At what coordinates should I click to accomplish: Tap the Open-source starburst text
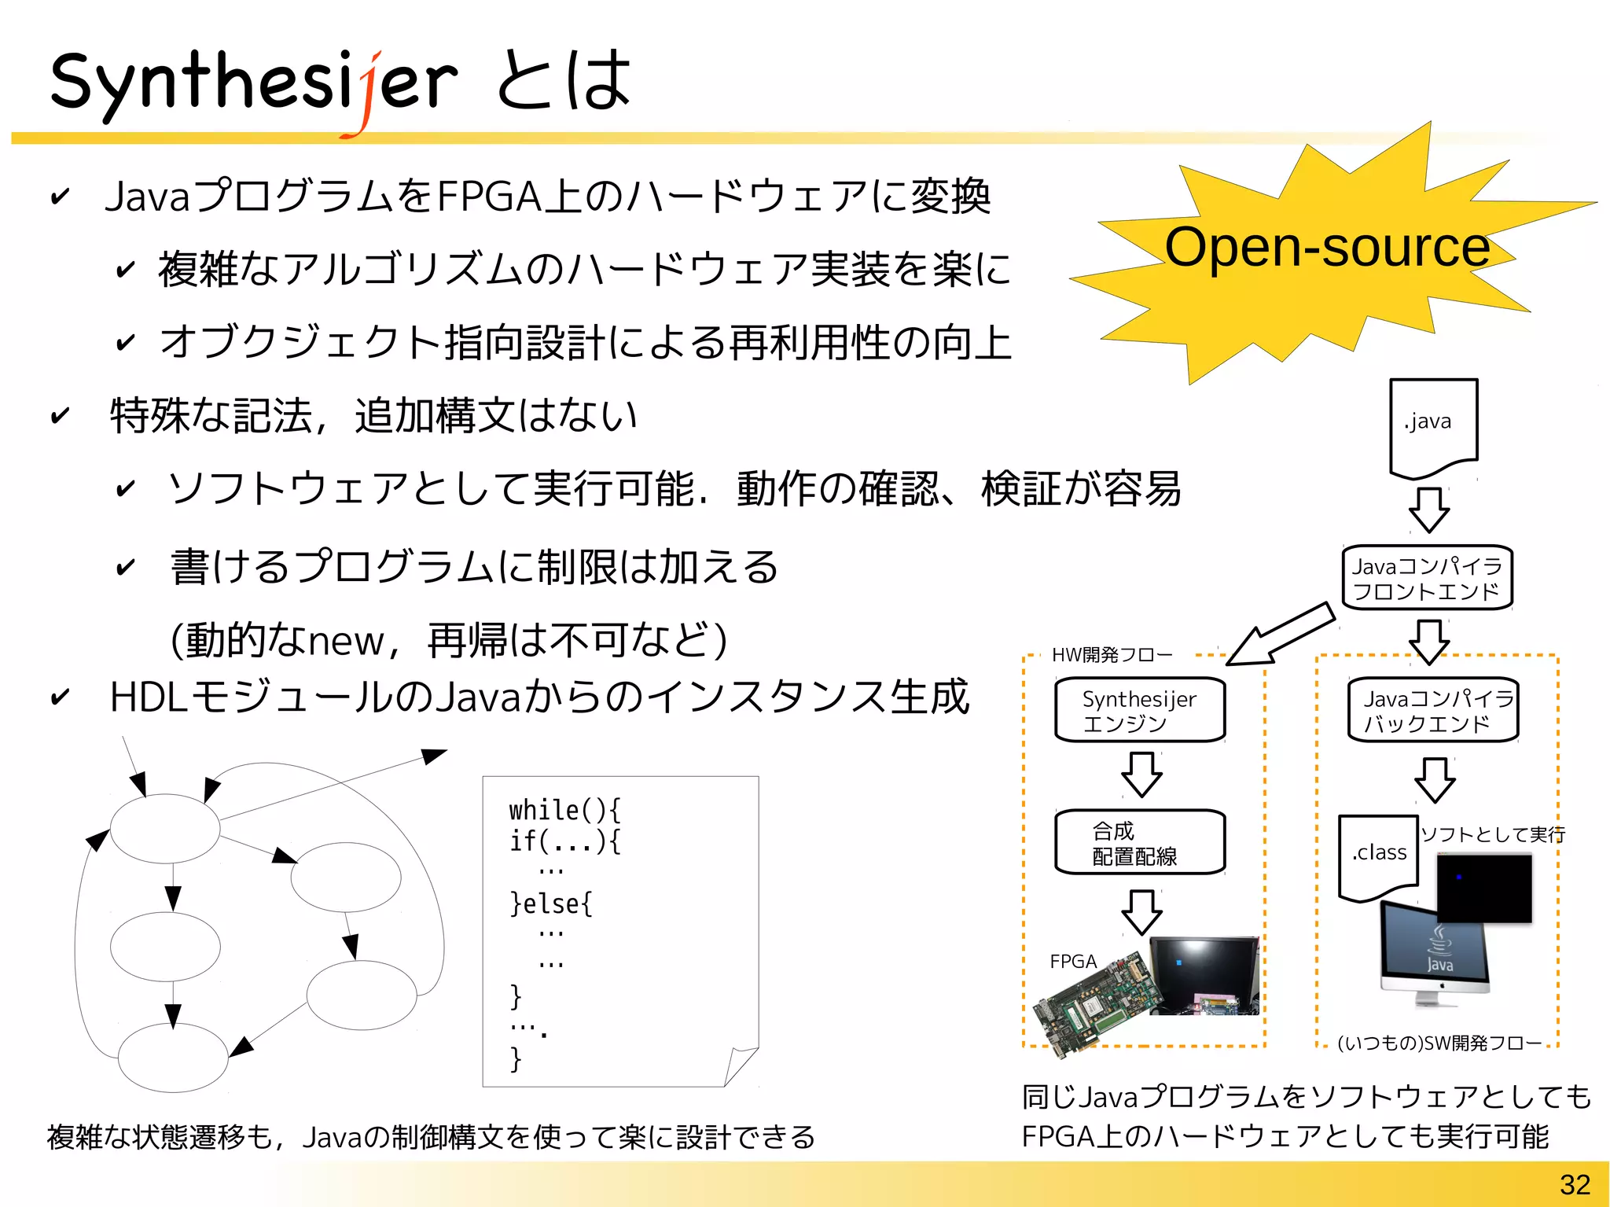1326,247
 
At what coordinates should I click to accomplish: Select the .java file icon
1433,427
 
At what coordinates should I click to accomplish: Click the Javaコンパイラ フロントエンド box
1427,578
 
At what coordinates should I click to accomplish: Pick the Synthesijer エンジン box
1140,710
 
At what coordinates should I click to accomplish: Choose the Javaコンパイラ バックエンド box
1433,710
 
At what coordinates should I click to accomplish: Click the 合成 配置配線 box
1140,842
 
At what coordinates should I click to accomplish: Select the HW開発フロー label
1112,655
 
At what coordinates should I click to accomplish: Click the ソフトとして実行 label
1492,834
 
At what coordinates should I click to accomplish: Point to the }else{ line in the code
551,903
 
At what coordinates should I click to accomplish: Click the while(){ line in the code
564,810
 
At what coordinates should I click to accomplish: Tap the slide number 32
1575,1184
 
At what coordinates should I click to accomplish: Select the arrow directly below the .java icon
1428,510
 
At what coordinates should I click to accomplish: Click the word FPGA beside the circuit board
1073,961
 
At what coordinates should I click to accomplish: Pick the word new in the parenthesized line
346,641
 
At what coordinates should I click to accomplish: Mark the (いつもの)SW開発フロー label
1439,1043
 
